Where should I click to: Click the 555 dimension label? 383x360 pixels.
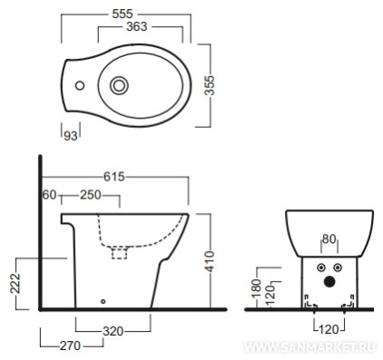(123, 14)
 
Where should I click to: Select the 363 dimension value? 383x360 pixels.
(137, 26)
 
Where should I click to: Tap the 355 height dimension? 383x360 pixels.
(210, 85)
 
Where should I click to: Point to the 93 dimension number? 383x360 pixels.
(71, 136)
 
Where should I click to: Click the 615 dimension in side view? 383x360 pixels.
(114, 177)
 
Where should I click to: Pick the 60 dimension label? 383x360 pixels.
(49, 195)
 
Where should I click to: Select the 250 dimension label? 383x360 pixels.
(91, 195)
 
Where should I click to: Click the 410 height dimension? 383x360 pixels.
(210, 261)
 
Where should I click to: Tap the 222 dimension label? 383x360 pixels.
(15, 284)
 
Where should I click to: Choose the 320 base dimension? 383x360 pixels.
(113, 332)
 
